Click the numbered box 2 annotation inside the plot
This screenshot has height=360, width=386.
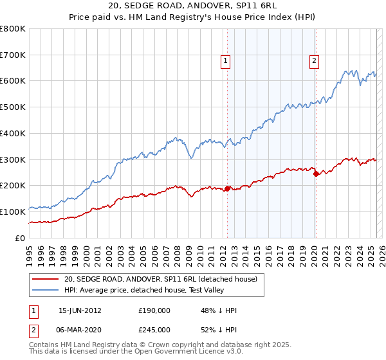pos(315,62)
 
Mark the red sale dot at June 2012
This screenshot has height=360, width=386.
pos(228,188)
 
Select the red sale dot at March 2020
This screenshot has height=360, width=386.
pos(316,174)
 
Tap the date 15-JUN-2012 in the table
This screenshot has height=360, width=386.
pos(80,311)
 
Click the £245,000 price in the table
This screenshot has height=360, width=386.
pos(154,329)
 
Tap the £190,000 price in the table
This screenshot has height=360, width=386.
pos(154,311)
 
